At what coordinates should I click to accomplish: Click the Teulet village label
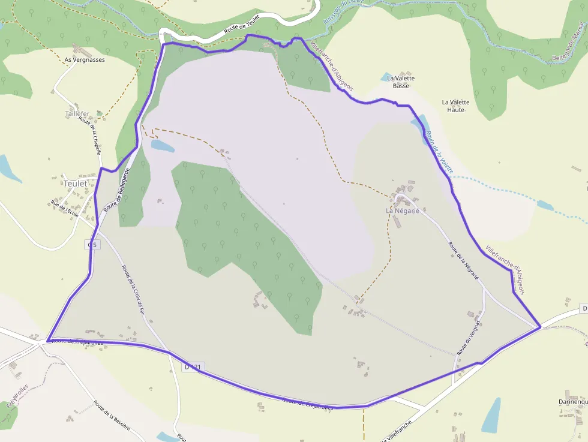pos(75,184)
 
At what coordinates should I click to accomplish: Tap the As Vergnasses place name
pos(85,60)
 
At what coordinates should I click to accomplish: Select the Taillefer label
pos(77,113)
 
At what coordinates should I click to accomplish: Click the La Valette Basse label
pos(401,82)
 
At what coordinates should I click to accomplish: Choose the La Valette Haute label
pos(456,106)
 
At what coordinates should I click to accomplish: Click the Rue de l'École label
pos(65,208)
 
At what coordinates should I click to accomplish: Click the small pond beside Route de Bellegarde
pos(162,146)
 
